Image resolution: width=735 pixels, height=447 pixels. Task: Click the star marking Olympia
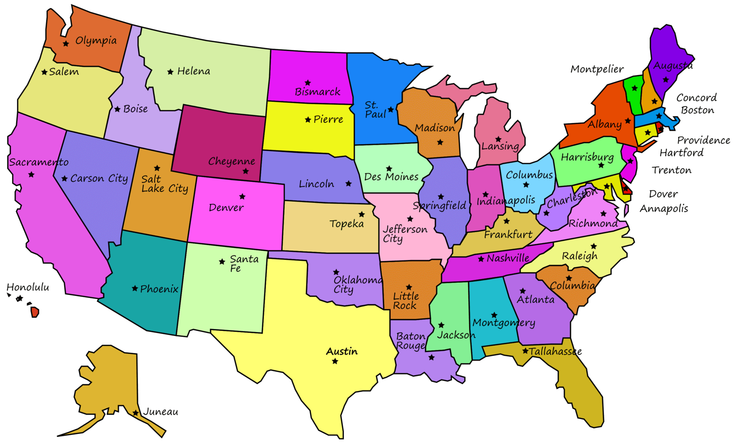pos(66,44)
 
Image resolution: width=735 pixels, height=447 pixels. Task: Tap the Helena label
pos(193,71)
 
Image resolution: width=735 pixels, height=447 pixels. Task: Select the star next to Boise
pos(117,109)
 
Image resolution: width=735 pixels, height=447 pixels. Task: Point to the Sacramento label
pos(39,162)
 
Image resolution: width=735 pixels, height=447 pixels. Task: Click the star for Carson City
pos(64,178)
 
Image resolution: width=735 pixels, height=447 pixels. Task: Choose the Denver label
pos(226,207)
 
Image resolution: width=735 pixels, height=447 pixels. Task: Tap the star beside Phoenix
pos(135,288)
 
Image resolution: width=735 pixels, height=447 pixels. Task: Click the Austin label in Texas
pos(342,351)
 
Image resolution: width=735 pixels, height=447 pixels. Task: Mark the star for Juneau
pos(136,413)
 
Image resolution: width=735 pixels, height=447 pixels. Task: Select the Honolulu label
pos(28,287)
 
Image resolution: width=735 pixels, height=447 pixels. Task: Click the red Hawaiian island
pos(35,312)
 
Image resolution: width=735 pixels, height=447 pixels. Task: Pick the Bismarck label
pos(317,92)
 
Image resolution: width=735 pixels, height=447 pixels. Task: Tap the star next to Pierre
pos(308,120)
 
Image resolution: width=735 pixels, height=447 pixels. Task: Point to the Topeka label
pos(346,224)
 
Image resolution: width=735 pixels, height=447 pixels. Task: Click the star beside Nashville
pos(481,259)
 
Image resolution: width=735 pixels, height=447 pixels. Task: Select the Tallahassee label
pos(555,351)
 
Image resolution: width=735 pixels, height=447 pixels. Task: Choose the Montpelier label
pos(597,69)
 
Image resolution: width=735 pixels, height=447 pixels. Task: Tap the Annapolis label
pos(664,208)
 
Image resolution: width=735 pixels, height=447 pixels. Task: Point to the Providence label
pos(703,140)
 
